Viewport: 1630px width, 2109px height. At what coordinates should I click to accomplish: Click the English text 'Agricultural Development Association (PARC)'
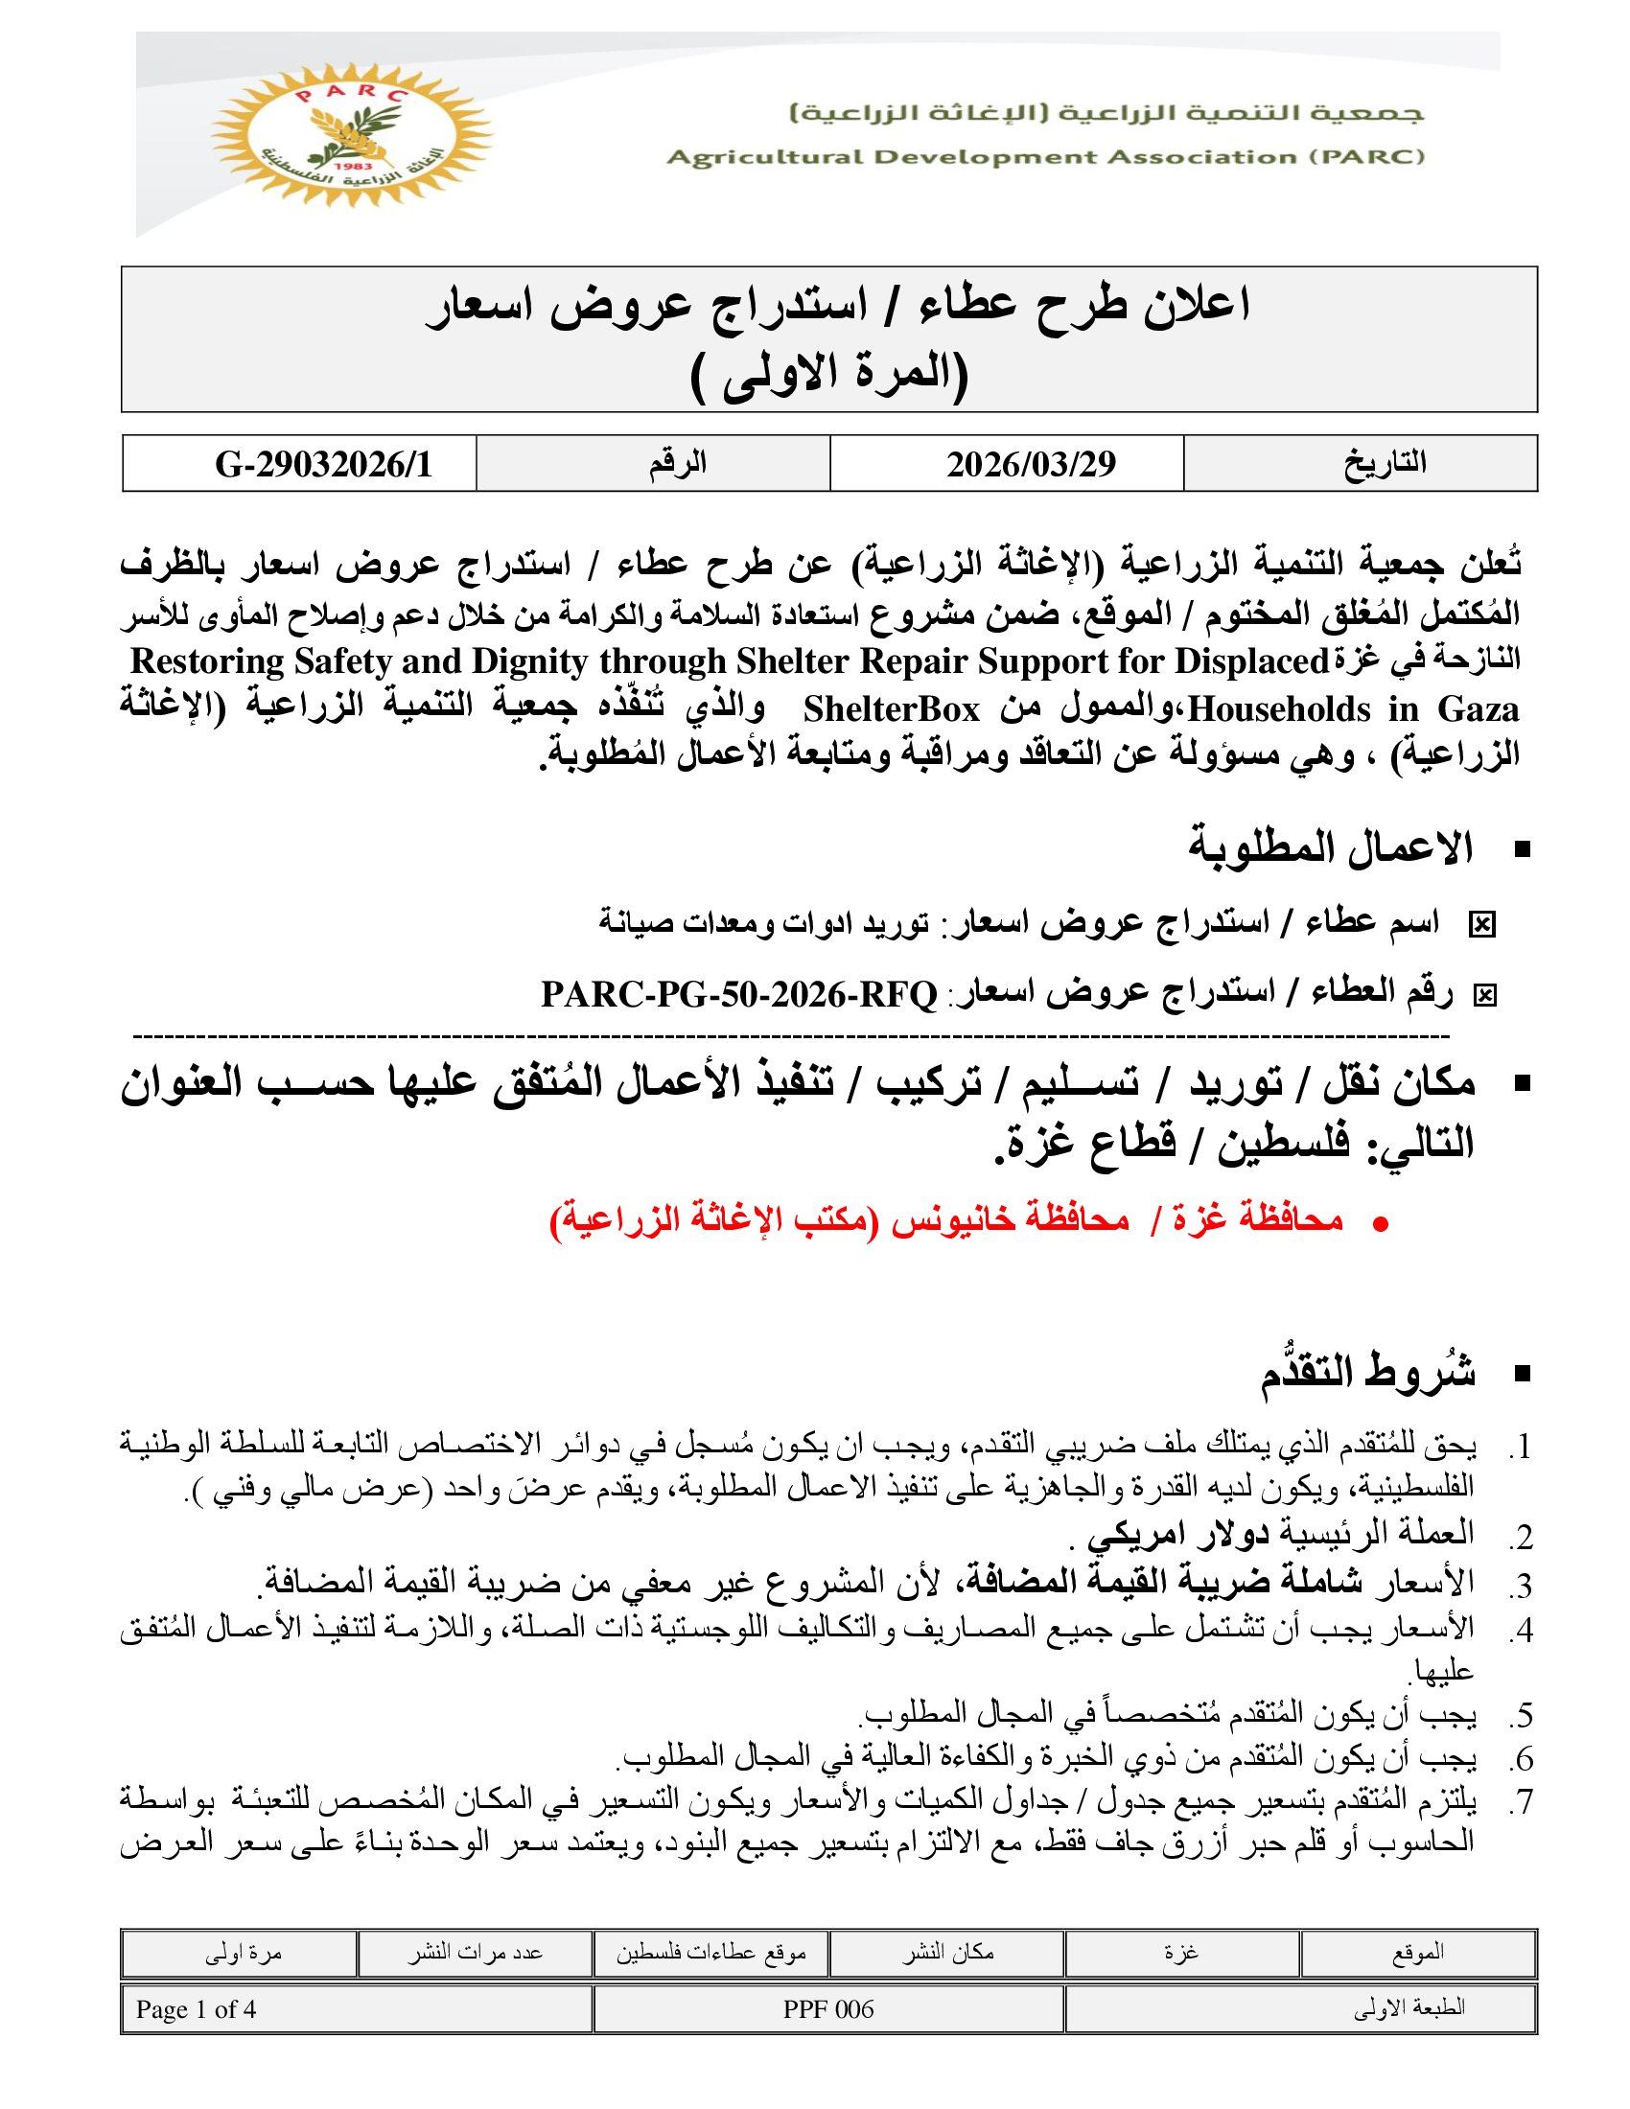pos(1045,157)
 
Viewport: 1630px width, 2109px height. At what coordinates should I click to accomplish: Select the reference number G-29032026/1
pos(322,465)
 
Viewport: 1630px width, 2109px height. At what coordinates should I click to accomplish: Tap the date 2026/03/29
pos(1031,465)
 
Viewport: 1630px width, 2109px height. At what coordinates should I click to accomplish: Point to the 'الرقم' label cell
pos(677,464)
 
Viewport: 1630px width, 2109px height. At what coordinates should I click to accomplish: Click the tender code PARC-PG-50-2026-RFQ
pos(738,994)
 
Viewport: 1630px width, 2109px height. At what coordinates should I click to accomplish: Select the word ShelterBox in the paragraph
pos(891,709)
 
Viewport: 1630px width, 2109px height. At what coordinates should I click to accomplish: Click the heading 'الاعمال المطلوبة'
pos(1330,848)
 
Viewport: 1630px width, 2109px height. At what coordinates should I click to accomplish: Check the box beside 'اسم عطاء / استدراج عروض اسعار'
pos(1480,925)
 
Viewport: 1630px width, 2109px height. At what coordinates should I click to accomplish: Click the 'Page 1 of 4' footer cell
pos(196,2009)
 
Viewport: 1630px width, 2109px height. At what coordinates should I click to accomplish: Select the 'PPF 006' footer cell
pos(827,2009)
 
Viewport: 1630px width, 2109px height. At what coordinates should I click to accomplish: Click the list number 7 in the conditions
pos(1521,1801)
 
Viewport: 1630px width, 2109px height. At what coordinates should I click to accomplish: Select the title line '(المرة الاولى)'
pos(829,376)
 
